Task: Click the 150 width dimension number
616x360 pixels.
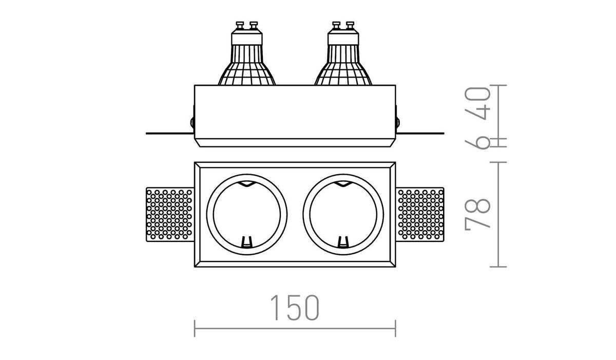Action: (x=295, y=308)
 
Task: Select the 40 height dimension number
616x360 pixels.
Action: (x=477, y=103)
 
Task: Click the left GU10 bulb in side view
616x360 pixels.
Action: (x=247, y=53)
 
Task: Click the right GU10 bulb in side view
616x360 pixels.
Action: (x=343, y=53)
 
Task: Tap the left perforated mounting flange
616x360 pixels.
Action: (x=170, y=215)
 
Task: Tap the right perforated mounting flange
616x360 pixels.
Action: (x=420, y=215)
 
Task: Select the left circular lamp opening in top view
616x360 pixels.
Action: (x=247, y=174)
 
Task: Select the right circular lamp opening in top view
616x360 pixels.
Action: (x=343, y=174)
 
